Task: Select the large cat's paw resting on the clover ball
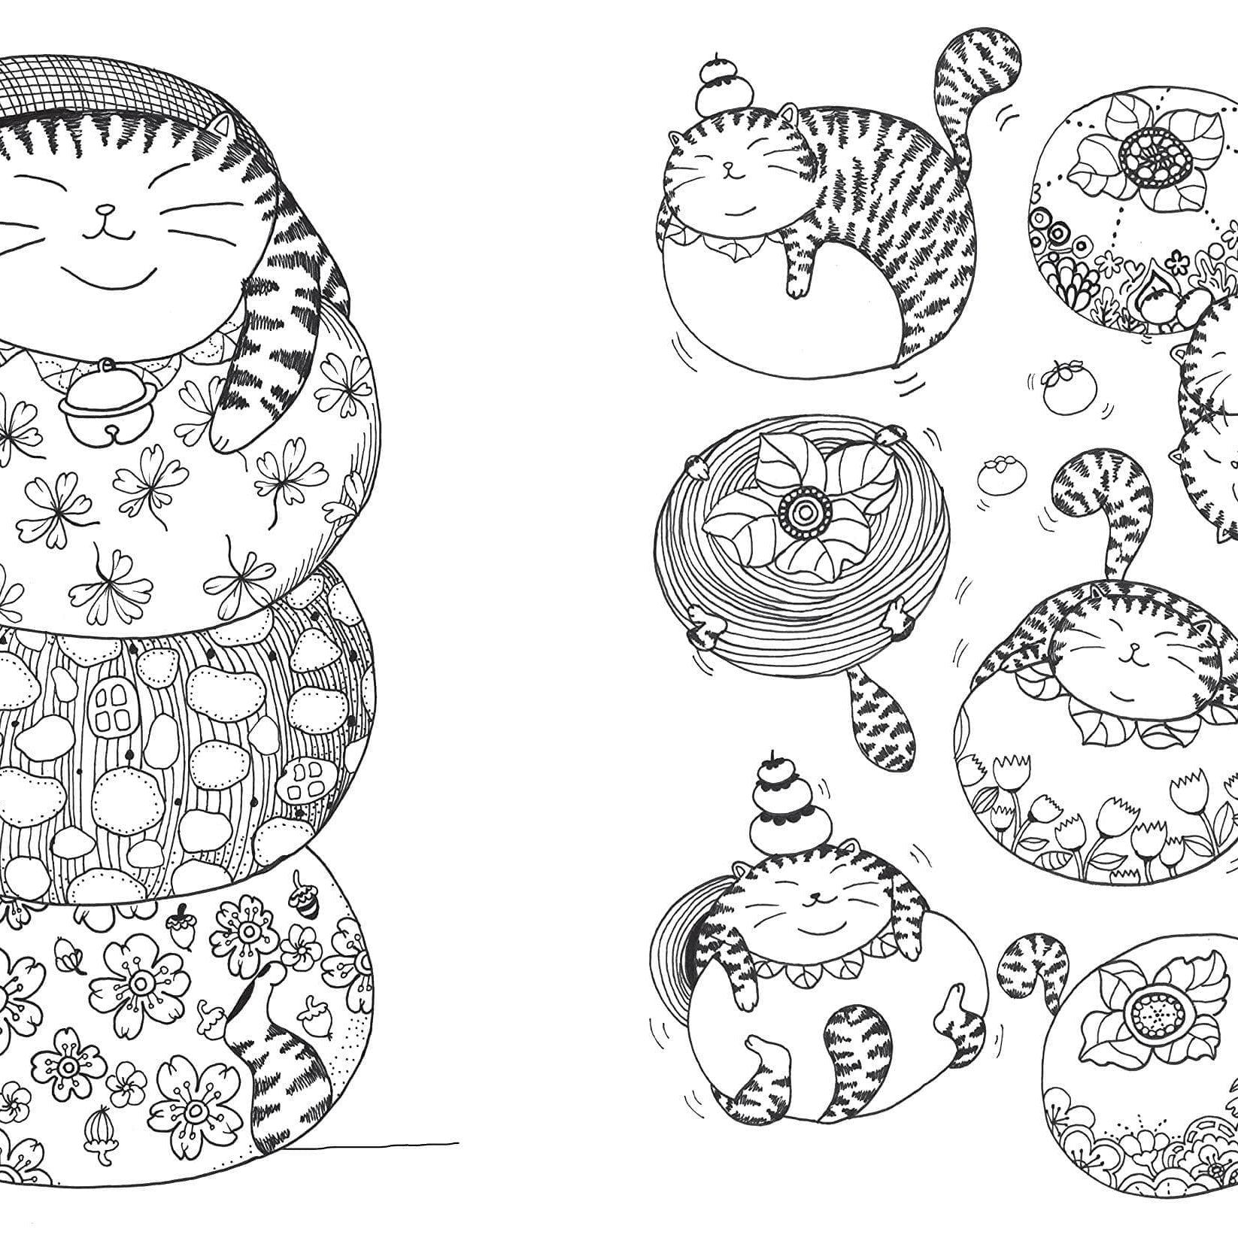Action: pos(226,432)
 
